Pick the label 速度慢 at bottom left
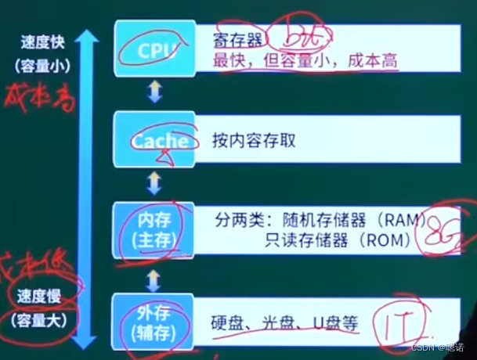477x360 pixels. [42, 298]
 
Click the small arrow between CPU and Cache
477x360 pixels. [154, 93]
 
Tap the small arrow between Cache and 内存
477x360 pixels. [154, 183]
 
